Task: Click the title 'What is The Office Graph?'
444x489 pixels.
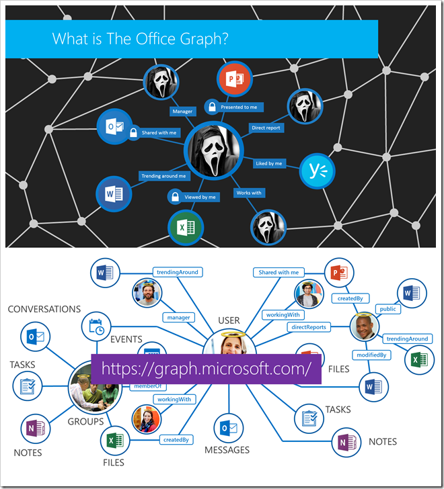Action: click(141, 39)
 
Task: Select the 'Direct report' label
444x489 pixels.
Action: click(266, 128)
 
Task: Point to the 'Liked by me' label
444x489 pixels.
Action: click(269, 163)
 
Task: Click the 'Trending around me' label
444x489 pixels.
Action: click(163, 176)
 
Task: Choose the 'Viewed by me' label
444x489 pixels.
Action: click(200, 197)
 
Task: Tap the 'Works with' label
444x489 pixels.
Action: click(249, 193)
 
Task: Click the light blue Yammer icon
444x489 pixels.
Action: click(318, 172)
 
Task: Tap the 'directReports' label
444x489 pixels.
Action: click(309, 327)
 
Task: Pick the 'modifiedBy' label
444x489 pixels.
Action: click(371, 355)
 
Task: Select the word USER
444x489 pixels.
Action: click(229, 320)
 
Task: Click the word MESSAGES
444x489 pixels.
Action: click(227, 449)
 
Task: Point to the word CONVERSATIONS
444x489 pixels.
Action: click(44, 309)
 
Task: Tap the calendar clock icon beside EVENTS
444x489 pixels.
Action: click(96, 327)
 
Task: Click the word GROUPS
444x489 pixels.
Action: click(85, 422)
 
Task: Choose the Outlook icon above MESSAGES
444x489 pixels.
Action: click(227, 427)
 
